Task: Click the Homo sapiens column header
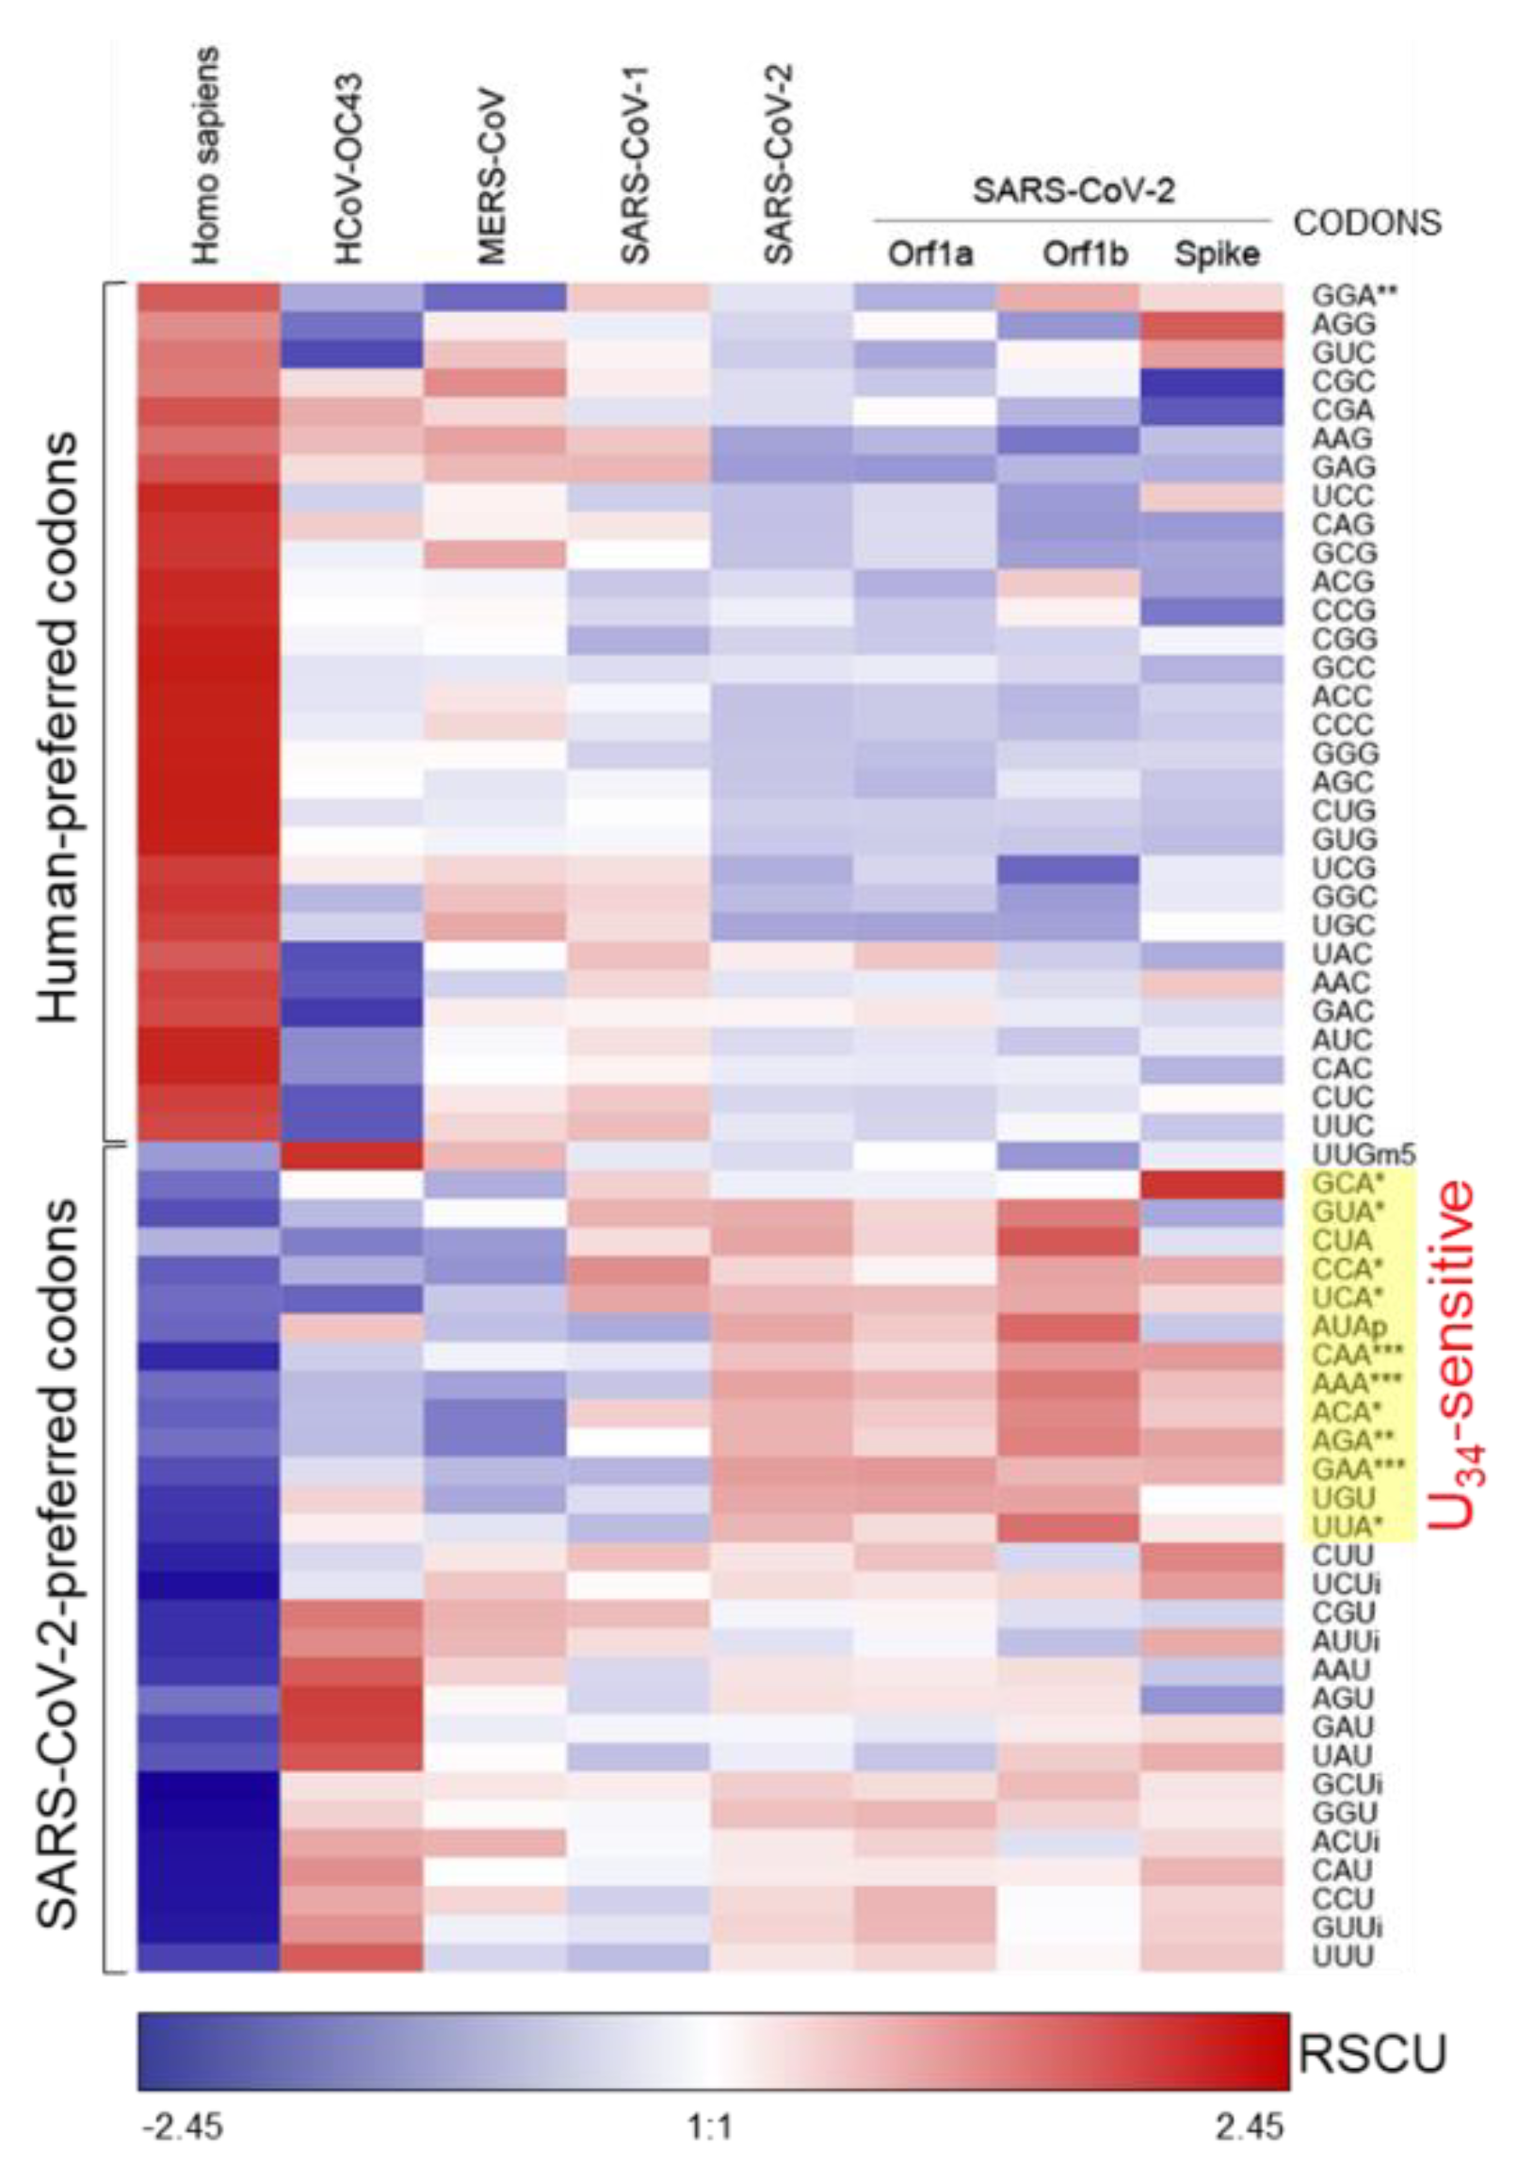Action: click(204, 155)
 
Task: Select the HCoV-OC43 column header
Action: click(349, 170)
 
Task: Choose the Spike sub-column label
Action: click(1215, 254)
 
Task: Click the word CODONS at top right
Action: click(1367, 222)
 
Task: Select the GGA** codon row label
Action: click(1353, 296)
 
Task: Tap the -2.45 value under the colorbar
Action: click(180, 2127)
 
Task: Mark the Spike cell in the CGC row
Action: click(1213, 383)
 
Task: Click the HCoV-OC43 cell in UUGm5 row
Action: click(351, 1154)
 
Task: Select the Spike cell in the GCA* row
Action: click(1213, 1183)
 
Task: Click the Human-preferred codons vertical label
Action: click(58, 726)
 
